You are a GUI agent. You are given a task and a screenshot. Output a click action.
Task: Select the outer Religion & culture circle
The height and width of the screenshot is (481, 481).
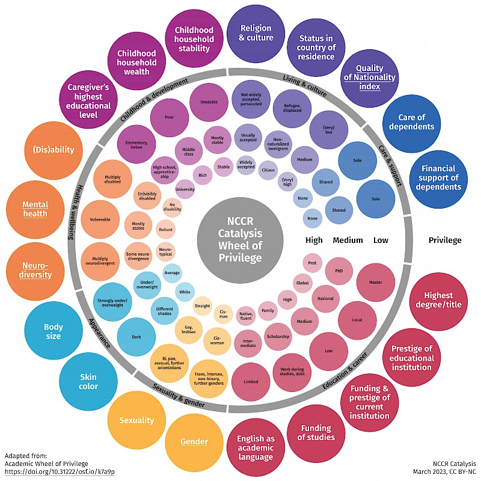pyautogui.click(x=256, y=34)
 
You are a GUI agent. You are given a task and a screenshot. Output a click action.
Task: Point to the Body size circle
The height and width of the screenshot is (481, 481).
pyautogui.click(x=53, y=332)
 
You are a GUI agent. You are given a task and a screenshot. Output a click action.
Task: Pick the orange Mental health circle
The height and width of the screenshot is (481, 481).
pyautogui.click(x=35, y=209)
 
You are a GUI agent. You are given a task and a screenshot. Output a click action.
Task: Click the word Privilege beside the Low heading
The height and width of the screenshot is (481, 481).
pyautogui.click(x=444, y=240)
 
